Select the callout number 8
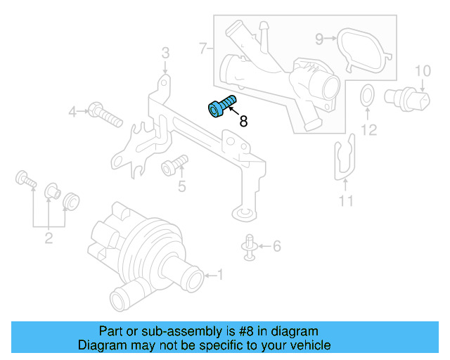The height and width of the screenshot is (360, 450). coord(243,122)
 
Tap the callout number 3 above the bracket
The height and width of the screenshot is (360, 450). coord(165,53)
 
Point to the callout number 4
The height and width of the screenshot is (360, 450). coord(72,111)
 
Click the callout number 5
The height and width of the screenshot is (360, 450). coord(181,186)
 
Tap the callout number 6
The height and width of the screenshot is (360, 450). coord(276,246)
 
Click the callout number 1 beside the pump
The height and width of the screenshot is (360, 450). coord(219,274)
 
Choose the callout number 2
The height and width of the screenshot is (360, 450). coord(49,238)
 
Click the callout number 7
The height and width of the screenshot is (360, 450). coord(202,49)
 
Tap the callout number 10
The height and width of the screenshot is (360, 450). coord(421,70)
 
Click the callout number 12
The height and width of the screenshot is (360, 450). coord(368,129)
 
